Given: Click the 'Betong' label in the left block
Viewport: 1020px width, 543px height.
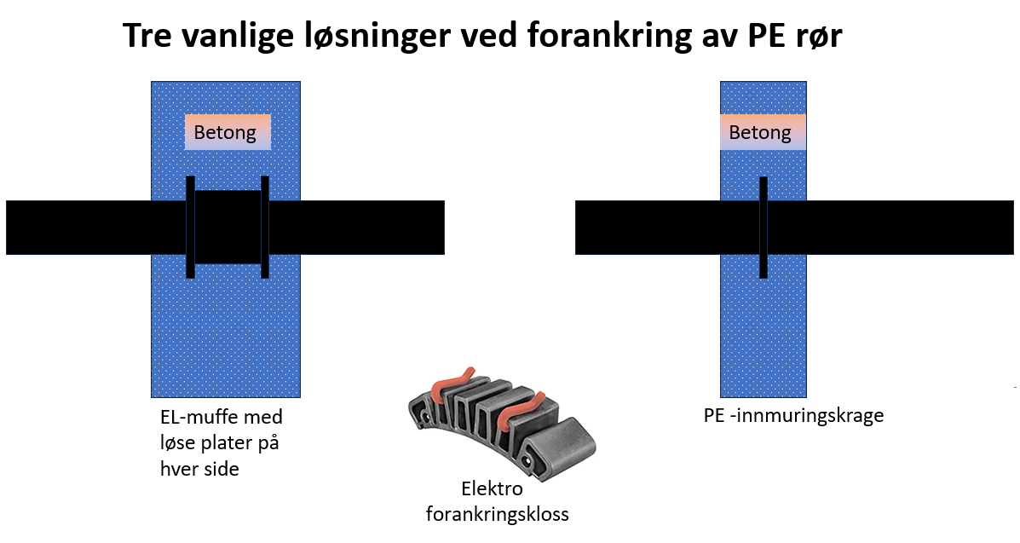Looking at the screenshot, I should [x=225, y=133].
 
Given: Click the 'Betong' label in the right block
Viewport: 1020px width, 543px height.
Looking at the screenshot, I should [x=760, y=133].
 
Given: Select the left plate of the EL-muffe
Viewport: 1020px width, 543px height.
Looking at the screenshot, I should [x=191, y=227].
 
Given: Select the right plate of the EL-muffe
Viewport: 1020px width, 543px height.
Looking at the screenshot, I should [x=265, y=227].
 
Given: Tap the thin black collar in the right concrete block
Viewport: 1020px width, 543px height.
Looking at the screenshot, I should [x=764, y=227].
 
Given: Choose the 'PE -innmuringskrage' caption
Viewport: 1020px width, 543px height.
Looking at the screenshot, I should [x=793, y=416].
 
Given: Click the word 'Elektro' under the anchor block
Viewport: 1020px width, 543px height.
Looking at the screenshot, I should [x=492, y=489].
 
